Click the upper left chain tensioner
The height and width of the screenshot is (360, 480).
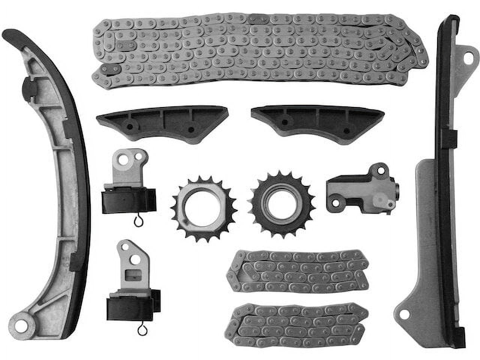click(129, 184)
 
